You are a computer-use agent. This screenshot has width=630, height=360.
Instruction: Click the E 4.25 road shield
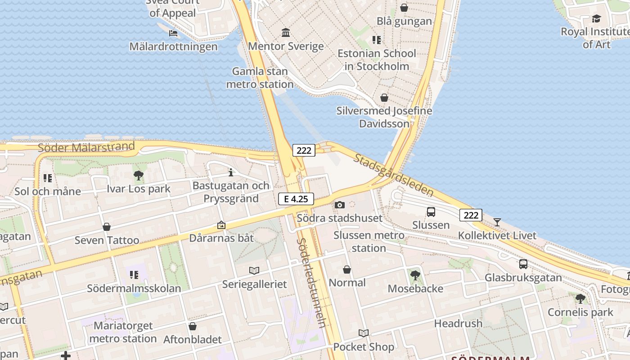point(296,198)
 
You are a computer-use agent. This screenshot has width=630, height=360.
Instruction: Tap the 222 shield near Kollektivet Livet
point(471,215)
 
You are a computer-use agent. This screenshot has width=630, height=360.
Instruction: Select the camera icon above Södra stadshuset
point(340,205)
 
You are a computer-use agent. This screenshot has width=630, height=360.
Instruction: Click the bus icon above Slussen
point(431,211)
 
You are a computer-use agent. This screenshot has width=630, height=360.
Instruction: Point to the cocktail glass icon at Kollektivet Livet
point(497,222)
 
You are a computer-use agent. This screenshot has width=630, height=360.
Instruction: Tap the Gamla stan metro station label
point(260,78)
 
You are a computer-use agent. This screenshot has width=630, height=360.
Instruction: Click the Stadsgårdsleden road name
point(393,175)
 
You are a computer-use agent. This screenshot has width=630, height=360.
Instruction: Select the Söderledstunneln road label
point(311,283)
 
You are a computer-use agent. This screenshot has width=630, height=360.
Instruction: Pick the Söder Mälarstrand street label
point(86,147)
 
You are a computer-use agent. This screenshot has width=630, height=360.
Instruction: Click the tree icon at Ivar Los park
point(139,175)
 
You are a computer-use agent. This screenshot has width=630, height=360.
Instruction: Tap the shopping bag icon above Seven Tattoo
point(107,227)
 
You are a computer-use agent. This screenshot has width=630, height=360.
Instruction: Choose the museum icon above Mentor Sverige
point(286,33)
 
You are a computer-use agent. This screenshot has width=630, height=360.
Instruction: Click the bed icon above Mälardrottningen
point(173,33)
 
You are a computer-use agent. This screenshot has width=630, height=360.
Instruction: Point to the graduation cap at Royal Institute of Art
point(596,18)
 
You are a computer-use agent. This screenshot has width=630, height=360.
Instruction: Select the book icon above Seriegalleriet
point(254,270)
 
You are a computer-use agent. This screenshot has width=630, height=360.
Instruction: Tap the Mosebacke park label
point(415,288)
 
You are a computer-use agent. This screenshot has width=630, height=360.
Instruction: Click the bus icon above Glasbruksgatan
point(523,264)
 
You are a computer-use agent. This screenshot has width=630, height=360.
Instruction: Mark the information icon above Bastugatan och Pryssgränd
point(231,172)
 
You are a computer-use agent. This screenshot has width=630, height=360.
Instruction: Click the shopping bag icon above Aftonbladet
point(193,326)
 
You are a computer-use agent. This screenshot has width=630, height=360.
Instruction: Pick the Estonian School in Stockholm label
point(377,60)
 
